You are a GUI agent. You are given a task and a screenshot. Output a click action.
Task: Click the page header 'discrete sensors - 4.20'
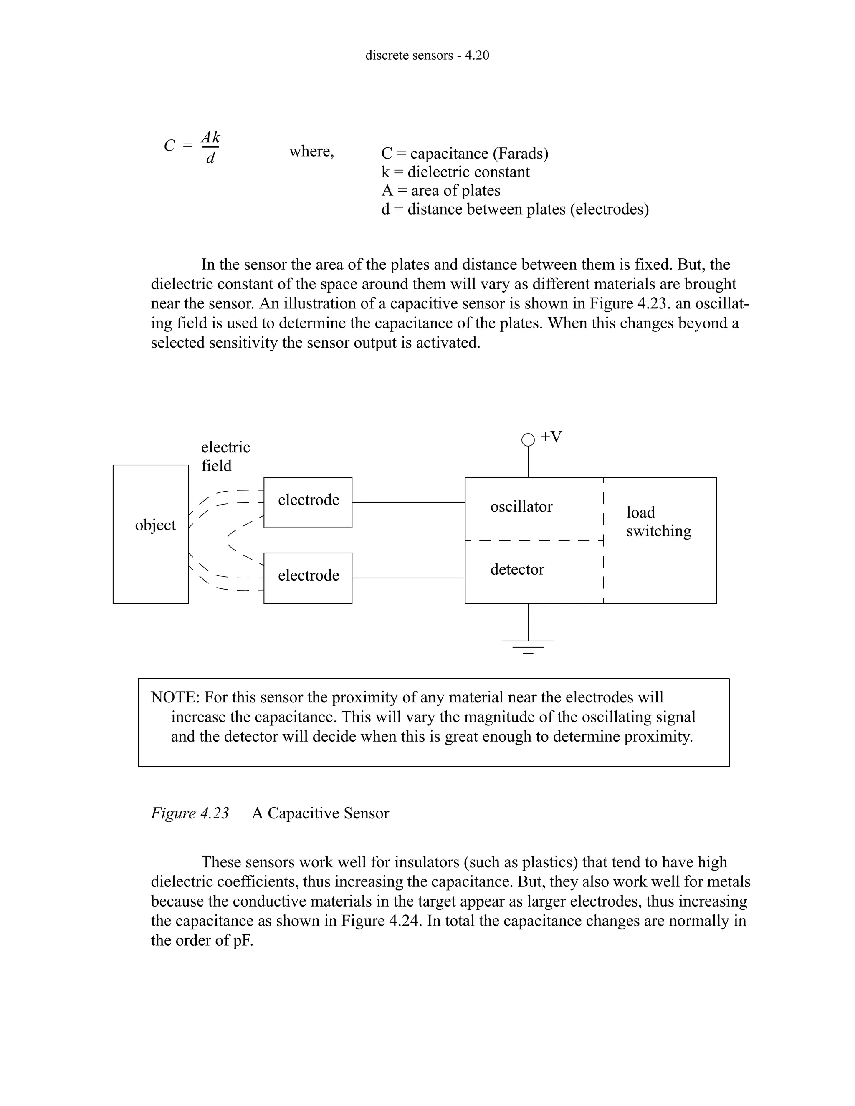pyautogui.click(x=427, y=55)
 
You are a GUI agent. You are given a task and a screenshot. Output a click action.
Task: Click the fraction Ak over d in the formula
pyautogui.click(x=210, y=147)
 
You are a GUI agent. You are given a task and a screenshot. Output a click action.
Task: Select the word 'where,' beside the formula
pyautogui.click(x=311, y=151)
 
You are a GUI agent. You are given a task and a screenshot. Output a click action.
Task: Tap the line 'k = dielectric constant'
pyautogui.click(x=455, y=172)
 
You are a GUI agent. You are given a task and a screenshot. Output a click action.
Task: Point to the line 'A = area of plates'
pyautogui.click(x=441, y=190)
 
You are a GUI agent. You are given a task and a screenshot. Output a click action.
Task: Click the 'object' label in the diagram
pyautogui.click(x=155, y=525)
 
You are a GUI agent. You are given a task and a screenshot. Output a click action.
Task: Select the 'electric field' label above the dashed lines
pyautogui.click(x=225, y=456)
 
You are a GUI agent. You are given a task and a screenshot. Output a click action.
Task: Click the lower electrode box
pyautogui.click(x=308, y=577)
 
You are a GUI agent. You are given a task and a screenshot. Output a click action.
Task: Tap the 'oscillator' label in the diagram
pyautogui.click(x=521, y=507)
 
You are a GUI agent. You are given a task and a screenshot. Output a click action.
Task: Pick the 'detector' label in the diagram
pyautogui.click(x=517, y=570)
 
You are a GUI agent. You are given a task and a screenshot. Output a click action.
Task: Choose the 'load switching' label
pyautogui.click(x=658, y=522)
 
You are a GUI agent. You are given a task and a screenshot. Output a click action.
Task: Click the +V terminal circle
pyautogui.click(x=528, y=439)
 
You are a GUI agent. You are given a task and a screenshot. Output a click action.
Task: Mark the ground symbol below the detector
pyautogui.click(x=528, y=646)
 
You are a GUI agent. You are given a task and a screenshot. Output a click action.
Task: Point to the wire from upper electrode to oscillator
pyautogui.click(x=408, y=502)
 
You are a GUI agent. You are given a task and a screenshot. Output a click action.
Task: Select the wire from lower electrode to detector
pyautogui.click(x=408, y=578)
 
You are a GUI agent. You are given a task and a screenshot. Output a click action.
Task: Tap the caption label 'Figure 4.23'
pyautogui.click(x=190, y=813)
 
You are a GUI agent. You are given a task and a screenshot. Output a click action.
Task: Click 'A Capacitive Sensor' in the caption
pyautogui.click(x=320, y=813)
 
